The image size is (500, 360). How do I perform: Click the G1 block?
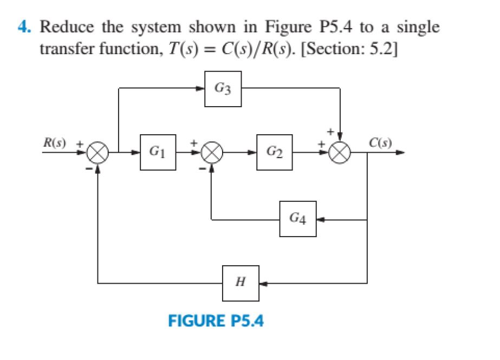158,153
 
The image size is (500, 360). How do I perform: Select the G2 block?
275,153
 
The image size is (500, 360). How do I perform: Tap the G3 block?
223,88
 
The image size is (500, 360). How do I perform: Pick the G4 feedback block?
297,219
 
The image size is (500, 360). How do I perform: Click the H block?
240,283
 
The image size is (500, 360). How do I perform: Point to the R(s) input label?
56,143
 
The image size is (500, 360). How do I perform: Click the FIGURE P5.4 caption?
216,322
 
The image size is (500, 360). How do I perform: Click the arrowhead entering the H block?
262,283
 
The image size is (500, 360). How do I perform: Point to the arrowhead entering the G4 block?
320,220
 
